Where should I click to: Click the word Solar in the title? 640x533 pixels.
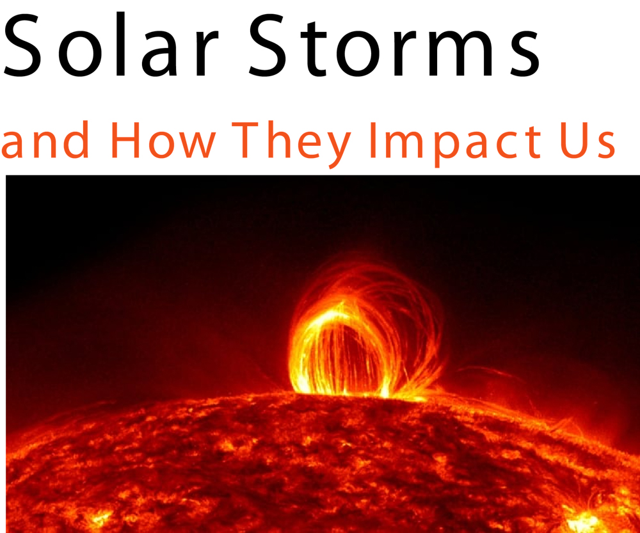click(x=111, y=45)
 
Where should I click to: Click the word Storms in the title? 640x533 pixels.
click(x=394, y=45)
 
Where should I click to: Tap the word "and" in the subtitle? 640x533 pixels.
click(x=45, y=139)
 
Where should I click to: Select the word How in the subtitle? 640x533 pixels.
click(x=163, y=140)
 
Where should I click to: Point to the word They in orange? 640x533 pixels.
click(x=291, y=145)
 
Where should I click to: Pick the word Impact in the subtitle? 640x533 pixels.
click(x=455, y=145)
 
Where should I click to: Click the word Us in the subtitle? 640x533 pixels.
click(x=588, y=141)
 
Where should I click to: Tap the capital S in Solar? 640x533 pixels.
click(x=22, y=45)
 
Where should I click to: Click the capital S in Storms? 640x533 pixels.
click(x=267, y=45)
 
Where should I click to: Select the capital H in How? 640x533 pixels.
click(x=125, y=140)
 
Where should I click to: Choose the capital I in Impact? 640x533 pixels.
click(x=372, y=140)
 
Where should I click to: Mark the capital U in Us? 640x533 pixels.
click(x=575, y=141)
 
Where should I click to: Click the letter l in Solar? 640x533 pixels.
click(x=120, y=44)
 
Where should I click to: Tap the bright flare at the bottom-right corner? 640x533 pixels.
click(x=584, y=520)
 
